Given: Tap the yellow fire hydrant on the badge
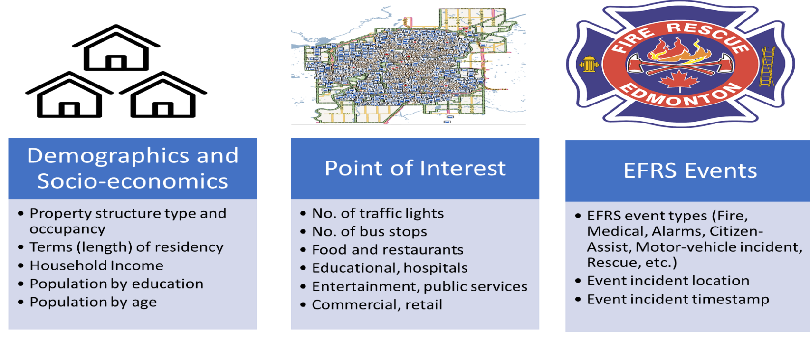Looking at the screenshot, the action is (x=589, y=64).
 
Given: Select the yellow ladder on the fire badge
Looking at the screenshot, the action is (x=767, y=66).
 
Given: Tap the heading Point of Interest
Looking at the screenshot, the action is (x=415, y=169).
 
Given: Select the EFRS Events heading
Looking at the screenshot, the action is (x=690, y=171).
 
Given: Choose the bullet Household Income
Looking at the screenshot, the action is (x=96, y=265).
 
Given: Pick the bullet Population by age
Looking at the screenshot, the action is (x=93, y=302).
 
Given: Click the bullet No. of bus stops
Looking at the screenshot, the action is (x=369, y=232).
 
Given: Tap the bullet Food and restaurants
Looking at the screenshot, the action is (x=388, y=250).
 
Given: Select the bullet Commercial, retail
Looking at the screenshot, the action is (x=377, y=305).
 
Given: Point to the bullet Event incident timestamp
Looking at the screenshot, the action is (x=677, y=300).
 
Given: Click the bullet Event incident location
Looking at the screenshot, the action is (x=668, y=281).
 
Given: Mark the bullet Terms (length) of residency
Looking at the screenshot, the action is (x=126, y=247).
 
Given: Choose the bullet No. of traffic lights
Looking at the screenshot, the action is (x=378, y=214).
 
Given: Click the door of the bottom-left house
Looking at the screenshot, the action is (x=69, y=109).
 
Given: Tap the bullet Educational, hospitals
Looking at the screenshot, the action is (x=390, y=268).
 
